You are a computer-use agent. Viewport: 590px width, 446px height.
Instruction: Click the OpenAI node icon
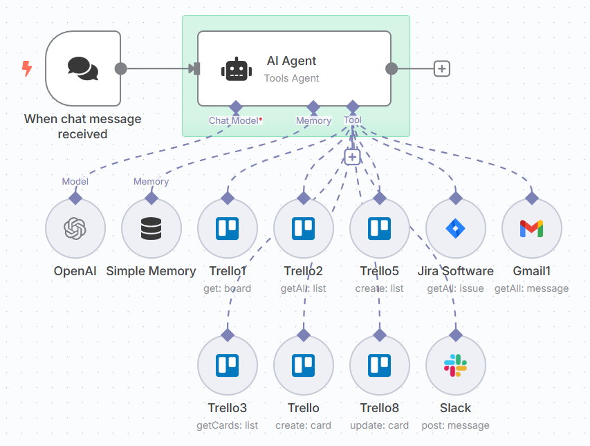[x=75, y=228]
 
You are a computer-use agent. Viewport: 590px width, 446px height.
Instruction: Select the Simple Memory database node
[x=151, y=228]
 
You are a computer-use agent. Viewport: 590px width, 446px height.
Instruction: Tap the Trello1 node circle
[x=228, y=228]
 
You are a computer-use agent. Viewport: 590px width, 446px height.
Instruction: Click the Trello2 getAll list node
[x=304, y=228]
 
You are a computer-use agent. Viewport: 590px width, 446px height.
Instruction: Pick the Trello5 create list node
[x=380, y=228]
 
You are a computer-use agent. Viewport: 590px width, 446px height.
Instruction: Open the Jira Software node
[x=456, y=228]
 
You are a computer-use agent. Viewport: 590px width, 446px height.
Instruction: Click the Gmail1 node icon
[x=532, y=228]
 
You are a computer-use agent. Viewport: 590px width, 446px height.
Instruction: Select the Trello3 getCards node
[x=228, y=365]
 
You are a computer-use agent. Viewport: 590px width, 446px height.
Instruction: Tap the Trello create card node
[x=304, y=365]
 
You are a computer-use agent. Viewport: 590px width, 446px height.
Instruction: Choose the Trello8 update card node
[x=380, y=365]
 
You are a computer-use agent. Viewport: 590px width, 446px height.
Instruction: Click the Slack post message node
[x=456, y=365]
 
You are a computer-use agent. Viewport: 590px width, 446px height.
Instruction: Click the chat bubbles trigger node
[x=83, y=68]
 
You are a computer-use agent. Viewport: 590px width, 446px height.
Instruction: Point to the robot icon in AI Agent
[x=237, y=69]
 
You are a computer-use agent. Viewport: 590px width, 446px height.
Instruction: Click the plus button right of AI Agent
[x=442, y=68]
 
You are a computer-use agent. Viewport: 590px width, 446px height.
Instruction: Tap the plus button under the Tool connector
[x=353, y=157]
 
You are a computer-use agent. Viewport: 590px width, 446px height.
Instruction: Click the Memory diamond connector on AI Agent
[x=313, y=106]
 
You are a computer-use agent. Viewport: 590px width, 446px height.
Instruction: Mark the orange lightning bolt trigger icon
[x=27, y=68]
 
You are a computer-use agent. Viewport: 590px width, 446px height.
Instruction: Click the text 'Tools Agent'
[x=291, y=78]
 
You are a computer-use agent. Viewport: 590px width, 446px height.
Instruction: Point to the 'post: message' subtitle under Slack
[x=455, y=425]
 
